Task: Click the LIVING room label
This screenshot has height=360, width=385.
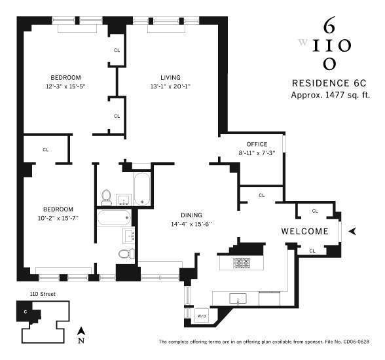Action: pyautogui.click(x=170, y=77)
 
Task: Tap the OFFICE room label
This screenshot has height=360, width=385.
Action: pyautogui.click(x=257, y=144)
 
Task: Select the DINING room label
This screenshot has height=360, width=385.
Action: pyautogui.click(x=192, y=215)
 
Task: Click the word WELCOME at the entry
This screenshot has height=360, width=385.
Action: pyautogui.click(x=304, y=231)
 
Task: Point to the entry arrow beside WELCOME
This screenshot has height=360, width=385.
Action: pyautogui.click(x=353, y=231)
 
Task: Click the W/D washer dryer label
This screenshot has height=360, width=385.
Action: pyautogui.click(x=201, y=316)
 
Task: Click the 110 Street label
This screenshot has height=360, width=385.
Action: pyautogui.click(x=40, y=295)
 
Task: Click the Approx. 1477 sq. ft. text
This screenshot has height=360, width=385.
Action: pyautogui.click(x=331, y=95)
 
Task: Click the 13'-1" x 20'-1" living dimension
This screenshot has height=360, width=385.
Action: pyautogui.click(x=170, y=86)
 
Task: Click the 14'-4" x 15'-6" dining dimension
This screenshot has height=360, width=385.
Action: pyautogui.click(x=192, y=224)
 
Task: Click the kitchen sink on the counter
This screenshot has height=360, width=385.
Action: pyautogui.click(x=236, y=299)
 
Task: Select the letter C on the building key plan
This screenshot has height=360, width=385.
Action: pyautogui.click(x=26, y=311)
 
